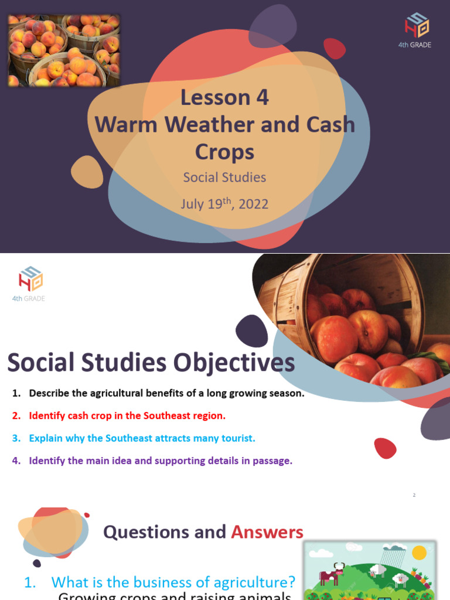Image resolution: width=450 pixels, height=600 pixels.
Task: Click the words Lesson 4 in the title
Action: coord(224,97)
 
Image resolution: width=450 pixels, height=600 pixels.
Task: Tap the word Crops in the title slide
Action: coord(224,152)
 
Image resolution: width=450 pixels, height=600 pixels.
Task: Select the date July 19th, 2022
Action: coord(224,204)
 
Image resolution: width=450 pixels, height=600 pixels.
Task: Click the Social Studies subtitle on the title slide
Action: coord(224,177)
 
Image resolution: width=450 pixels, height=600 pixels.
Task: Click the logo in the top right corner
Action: coord(417,28)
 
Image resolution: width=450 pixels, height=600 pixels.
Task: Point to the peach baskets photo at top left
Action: coord(63,50)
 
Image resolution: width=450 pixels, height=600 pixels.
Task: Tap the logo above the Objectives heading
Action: coord(30,280)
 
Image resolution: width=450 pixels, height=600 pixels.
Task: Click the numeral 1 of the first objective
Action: coord(16,393)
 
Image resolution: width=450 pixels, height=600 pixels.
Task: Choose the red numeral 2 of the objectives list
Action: coord(16,415)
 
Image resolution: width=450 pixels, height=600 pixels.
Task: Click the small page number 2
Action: coord(414,495)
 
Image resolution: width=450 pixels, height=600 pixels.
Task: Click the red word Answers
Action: coord(267,532)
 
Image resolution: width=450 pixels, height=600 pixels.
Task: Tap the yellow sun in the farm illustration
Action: coord(419,553)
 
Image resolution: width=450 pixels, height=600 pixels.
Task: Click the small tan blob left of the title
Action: coord(87,172)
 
